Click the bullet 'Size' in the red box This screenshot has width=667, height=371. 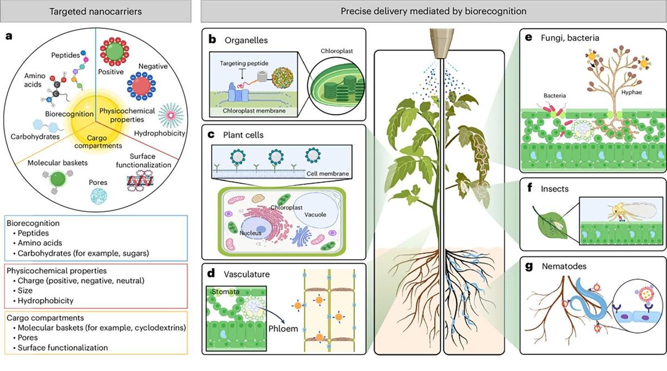pos(24,290)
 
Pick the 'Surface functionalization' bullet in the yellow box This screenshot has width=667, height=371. pos(58,348)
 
